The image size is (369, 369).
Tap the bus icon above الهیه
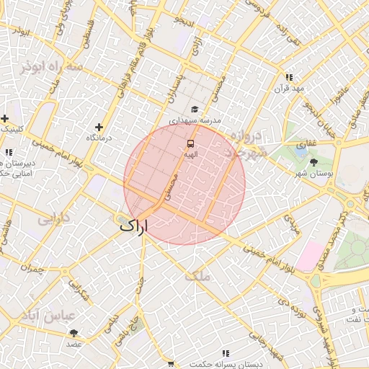click(x=190, y=143)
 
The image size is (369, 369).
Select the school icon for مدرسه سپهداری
click(x=194, y=110)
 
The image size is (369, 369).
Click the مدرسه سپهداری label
click(x=195, y=121)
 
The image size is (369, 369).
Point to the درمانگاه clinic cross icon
click(x=99, y=127)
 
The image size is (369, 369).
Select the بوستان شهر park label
click(x=312, y=174)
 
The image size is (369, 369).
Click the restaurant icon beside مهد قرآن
click(x=289, y=77)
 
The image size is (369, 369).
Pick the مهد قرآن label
click(x=289, y=88)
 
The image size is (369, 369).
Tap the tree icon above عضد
click(x=74, y=333)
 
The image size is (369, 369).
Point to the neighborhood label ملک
click(x=196, y=275)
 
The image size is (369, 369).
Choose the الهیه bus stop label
click(x=190, y=154)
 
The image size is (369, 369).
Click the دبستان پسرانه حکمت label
click(x=223, y=365)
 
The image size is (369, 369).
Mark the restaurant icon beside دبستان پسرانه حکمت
click(x=226, y=354)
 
